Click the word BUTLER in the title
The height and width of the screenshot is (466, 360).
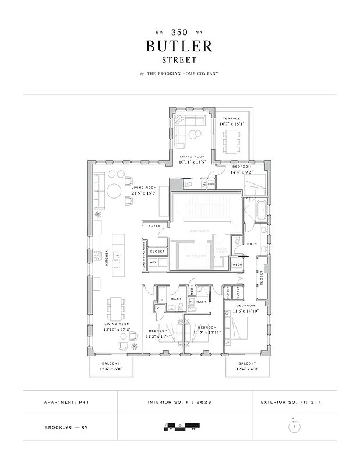point(179,47)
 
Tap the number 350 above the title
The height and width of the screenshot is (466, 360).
point(179,33)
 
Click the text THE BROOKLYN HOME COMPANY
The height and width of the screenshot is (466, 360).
point(183,73)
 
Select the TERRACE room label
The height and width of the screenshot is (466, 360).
point(232,119)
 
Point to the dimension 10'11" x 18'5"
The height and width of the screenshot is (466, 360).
point(192,161)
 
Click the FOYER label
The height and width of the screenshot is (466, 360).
point(154,225)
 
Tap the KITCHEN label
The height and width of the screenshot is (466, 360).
point(106,259)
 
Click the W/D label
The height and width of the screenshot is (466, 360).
point(153,263)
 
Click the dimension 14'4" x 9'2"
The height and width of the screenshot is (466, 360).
point(241,172)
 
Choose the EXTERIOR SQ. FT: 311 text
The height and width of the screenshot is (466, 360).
point(295,402)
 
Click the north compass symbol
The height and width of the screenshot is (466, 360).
point(295,426)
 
